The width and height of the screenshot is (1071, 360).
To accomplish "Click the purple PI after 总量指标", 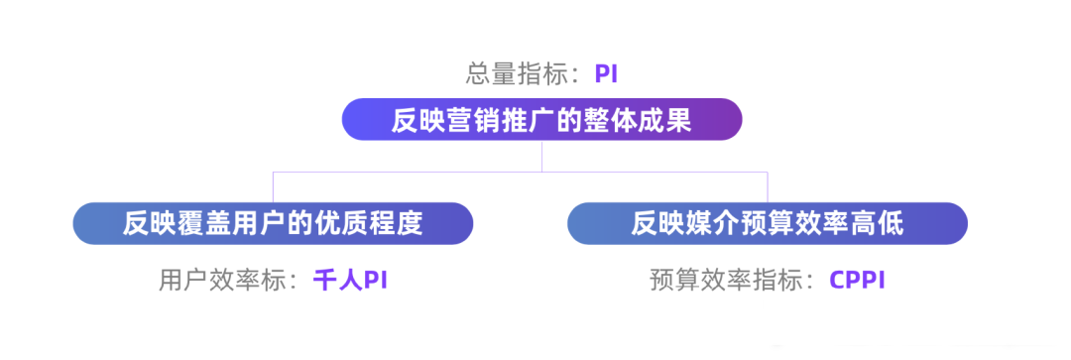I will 607,73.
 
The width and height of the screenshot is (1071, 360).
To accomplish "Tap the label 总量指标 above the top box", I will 521,73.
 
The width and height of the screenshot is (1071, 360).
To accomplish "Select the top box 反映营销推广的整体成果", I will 541,120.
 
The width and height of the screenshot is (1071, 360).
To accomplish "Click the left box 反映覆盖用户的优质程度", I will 273,223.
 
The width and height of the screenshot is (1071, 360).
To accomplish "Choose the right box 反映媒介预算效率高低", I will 767,223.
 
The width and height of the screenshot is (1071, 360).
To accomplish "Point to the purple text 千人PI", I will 349,280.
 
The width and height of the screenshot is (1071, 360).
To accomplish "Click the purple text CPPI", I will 857,280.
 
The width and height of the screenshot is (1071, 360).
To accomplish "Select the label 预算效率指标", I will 730,280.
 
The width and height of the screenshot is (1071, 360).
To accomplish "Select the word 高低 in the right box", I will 879,223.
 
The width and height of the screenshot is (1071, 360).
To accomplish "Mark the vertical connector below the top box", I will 541,156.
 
